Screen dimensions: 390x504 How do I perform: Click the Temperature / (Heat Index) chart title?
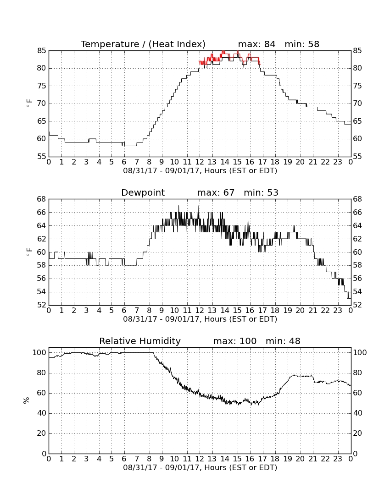[143, 44]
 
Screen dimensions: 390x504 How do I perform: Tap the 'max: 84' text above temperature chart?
[256, 44]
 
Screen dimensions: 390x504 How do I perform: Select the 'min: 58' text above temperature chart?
[302, 44]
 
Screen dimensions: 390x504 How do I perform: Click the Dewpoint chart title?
[143, 193]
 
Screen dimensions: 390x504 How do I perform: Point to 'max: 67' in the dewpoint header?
[216, 192]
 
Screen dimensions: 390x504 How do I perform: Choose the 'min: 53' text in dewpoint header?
[261, 192]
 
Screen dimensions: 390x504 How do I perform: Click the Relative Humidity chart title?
[140, 341]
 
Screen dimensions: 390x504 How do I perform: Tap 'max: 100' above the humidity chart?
[234, 341]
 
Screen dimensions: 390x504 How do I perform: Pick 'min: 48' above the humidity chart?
[283, 341]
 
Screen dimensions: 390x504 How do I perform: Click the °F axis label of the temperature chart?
[29, 104]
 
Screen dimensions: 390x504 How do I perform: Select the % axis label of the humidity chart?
[26, 400]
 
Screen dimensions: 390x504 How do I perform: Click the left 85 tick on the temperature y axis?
[42, 51]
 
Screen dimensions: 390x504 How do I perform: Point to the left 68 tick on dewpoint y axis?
[42, 199]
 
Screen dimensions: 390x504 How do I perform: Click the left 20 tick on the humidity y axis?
[42, 433]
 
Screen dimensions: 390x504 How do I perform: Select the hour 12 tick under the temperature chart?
[200, 162]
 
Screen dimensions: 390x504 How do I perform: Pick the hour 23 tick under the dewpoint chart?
[338, 311]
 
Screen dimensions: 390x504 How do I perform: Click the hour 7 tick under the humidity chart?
[137, 459]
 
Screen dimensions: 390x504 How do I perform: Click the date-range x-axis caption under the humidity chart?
[200, 467]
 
